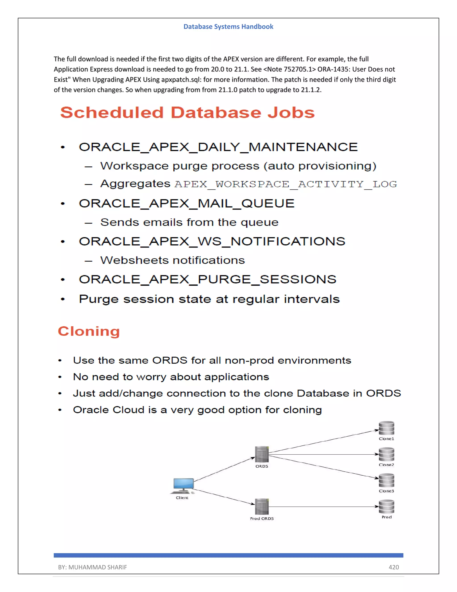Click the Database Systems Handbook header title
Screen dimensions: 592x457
click(228, 27)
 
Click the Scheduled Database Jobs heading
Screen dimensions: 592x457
click(187, 113)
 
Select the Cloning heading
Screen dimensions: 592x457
click(89, 331)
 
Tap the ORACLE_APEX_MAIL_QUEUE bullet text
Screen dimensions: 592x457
click(187, 203)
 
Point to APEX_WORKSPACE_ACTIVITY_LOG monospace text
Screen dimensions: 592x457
click(286, 184)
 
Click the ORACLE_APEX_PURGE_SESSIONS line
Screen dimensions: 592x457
click(207, 279)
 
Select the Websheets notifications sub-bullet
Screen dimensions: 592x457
click(172, 260)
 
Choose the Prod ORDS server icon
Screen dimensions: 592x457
click(262, 507)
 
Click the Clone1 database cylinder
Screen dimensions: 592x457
click(386, 428)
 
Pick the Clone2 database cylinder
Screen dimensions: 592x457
click(386, 454)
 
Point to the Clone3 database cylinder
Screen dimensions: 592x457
click(386, 480)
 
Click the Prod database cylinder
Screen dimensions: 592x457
click(386, 507)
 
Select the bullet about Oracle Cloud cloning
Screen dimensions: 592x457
click(197, 410)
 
